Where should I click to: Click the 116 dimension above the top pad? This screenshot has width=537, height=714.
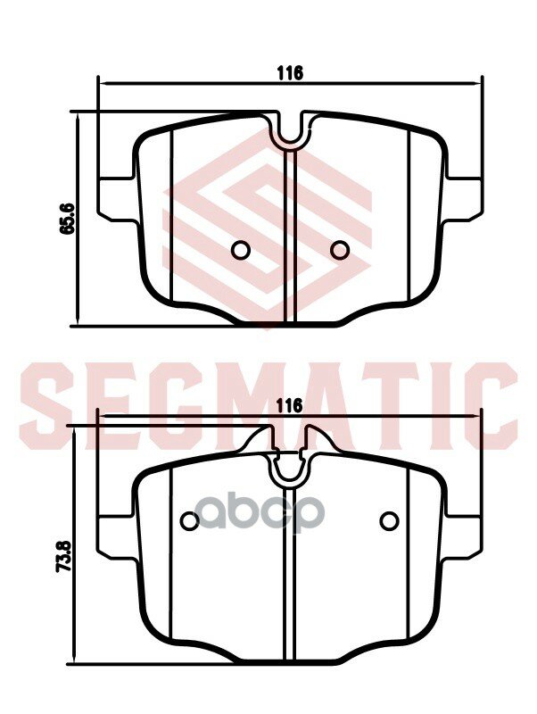290,73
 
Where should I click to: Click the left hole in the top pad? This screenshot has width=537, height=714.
240,250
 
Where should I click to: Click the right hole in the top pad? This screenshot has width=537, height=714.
339,250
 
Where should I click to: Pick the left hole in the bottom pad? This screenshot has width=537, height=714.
189,520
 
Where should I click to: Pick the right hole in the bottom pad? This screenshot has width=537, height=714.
388,520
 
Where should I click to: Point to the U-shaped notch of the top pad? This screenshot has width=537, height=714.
290,134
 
